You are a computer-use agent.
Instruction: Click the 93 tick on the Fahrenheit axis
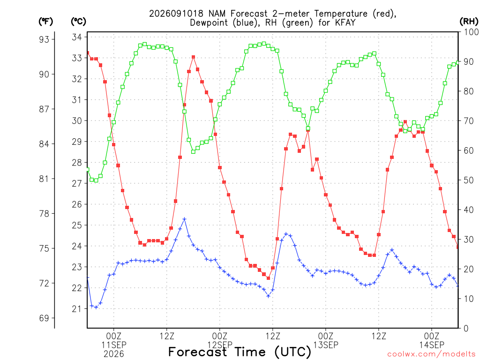tap(44, 39)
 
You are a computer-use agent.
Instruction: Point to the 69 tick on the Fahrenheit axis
tap(44, 318)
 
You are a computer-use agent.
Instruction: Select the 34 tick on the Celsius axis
tap(77, 37)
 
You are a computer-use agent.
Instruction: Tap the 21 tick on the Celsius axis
tap(77, 308)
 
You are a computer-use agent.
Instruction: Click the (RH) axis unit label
tap(469, 21)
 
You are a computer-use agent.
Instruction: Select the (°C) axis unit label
tap(78, 21)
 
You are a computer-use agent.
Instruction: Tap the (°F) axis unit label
tap(45, 21)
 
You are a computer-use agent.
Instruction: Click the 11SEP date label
tap(114, 345)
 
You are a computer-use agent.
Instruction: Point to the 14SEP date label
tap(432, 345)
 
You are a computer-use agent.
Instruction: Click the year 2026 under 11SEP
tap(114, 354)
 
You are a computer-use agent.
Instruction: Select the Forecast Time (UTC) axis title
tap(240, 352)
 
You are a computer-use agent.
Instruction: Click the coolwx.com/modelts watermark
tap(431, 354)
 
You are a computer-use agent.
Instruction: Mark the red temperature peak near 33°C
tap(194, 57)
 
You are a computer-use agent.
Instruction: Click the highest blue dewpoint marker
tap(184, 219)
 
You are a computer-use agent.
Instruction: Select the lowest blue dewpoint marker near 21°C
tap(96, 307)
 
